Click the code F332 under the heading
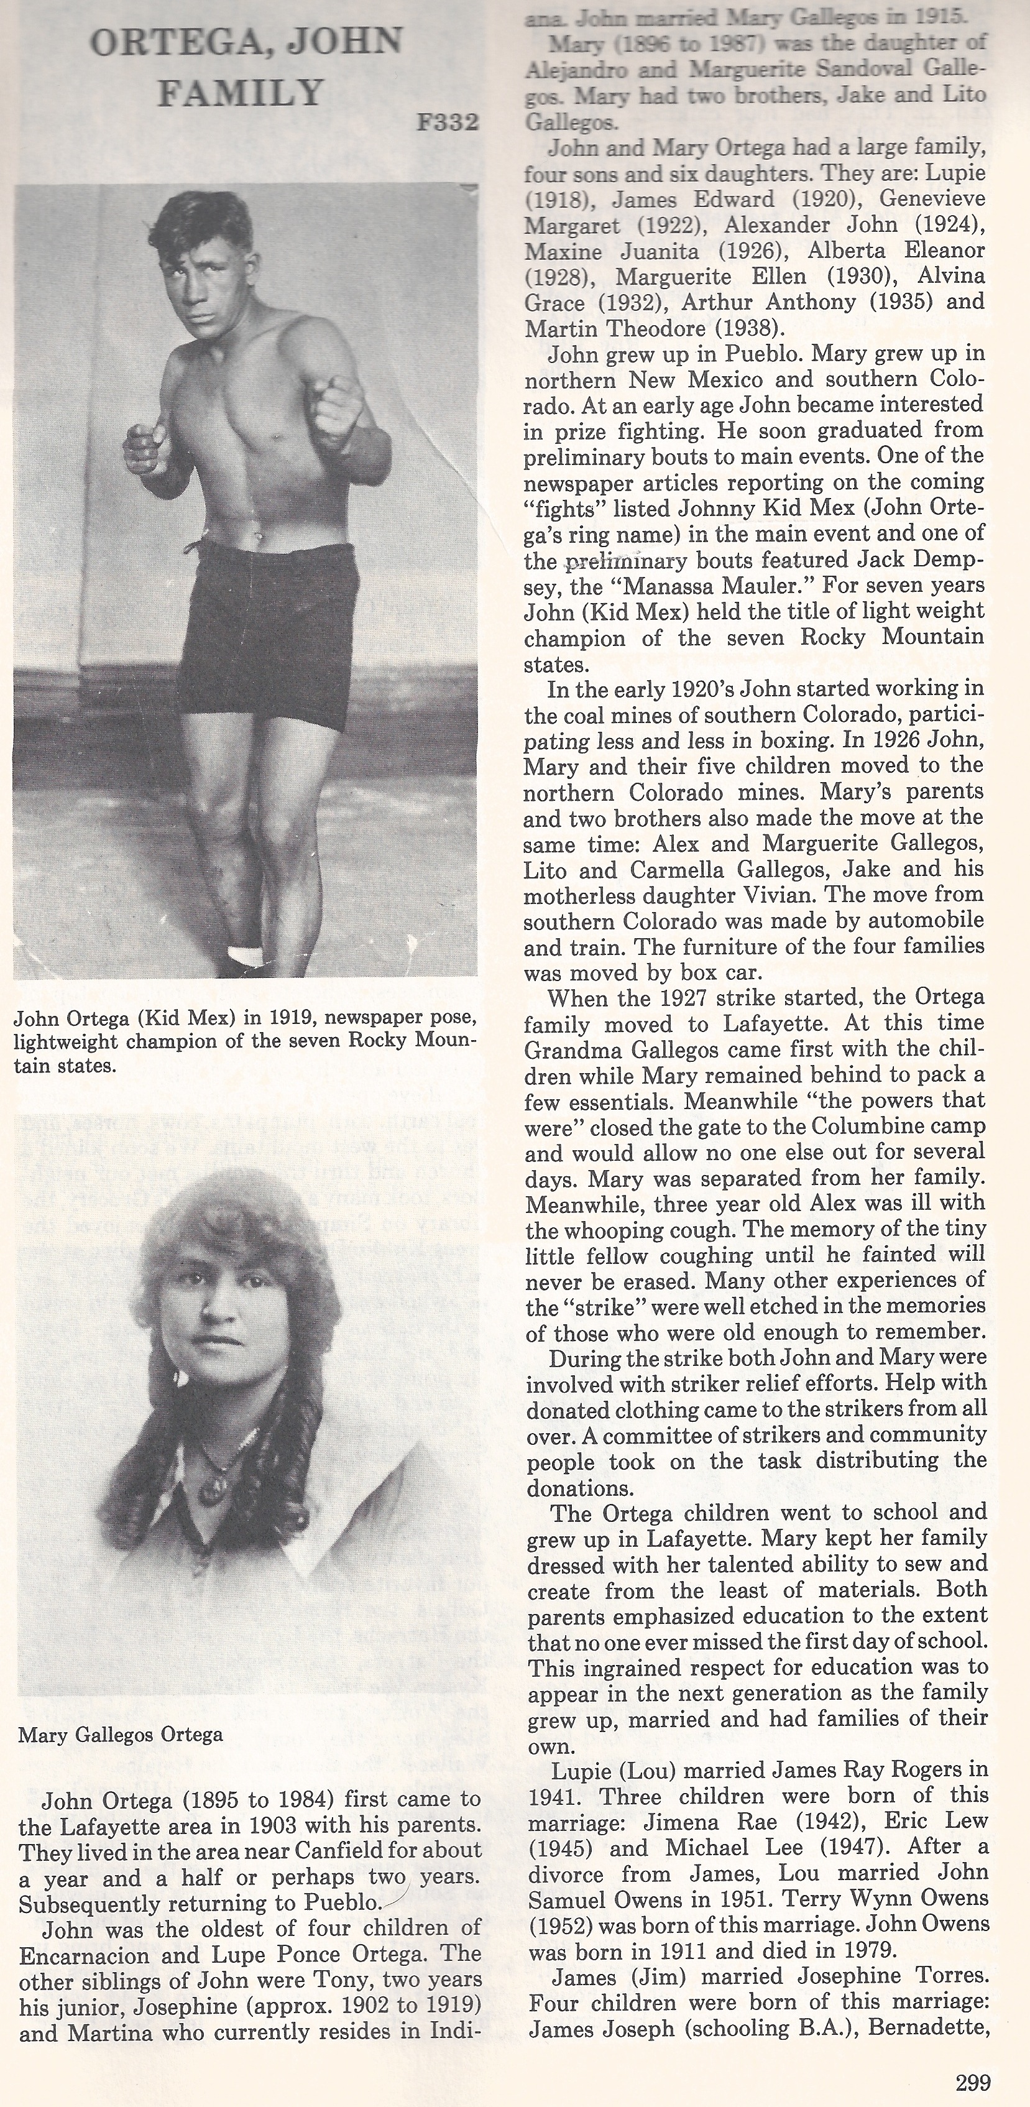(447, 122)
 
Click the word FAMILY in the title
(241, 93)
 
